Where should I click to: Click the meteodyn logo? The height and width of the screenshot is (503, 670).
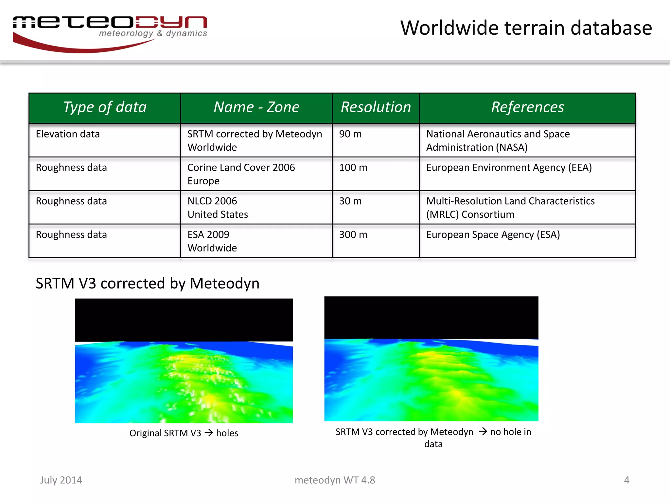point(110,33)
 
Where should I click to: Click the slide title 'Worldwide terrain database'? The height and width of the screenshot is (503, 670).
point(526,28)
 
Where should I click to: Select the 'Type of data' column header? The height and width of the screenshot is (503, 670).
point(105,107)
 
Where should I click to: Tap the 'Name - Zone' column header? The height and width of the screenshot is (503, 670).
point(256,107)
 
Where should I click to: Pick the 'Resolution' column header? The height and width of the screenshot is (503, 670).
point(376,107)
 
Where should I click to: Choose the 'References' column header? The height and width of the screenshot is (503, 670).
point(527,107)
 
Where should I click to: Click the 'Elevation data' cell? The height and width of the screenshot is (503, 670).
point(68,134)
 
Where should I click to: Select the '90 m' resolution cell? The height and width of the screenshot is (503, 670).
point(350,134)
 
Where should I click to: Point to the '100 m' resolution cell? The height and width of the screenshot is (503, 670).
point(353,168)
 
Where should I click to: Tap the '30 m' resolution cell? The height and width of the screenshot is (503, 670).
point(350,201)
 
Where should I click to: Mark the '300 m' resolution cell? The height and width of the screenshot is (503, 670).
point(353,235)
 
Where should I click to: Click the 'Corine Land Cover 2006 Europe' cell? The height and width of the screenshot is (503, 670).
point(241,174)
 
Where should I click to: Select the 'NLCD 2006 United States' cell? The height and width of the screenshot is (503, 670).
point(218,208)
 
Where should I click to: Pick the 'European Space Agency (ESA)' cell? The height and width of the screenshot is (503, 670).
point(493,235)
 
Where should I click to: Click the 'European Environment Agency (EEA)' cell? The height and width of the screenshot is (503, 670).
point(509,168)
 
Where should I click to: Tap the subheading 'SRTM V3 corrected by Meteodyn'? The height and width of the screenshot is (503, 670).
point(148,283)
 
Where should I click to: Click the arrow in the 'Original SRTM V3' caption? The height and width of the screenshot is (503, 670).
point(209,433)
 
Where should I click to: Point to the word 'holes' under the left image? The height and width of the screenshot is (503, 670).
point(227,433)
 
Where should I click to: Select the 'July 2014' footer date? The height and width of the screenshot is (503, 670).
point(61,480)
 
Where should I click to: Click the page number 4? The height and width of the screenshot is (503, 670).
point(626,480)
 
